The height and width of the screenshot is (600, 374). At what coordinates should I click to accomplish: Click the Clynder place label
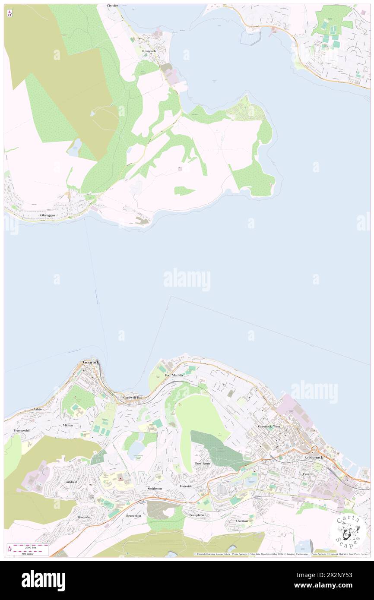112,6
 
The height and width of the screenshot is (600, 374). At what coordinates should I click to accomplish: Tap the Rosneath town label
149,51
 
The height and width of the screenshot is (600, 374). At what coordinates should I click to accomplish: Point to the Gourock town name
91,362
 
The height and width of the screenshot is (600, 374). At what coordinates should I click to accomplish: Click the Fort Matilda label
174,376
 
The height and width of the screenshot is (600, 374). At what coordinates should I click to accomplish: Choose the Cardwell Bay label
133,397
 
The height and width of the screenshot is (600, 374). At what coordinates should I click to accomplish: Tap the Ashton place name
39,409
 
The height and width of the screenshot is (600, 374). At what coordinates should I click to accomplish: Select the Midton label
68,425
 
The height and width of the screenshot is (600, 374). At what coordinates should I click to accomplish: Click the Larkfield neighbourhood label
71,481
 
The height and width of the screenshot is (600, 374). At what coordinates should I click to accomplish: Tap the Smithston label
155,488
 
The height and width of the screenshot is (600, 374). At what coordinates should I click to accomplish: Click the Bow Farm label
202,463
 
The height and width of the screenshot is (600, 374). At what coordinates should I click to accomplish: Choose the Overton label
242,521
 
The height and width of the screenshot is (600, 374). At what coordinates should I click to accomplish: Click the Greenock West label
269,426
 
